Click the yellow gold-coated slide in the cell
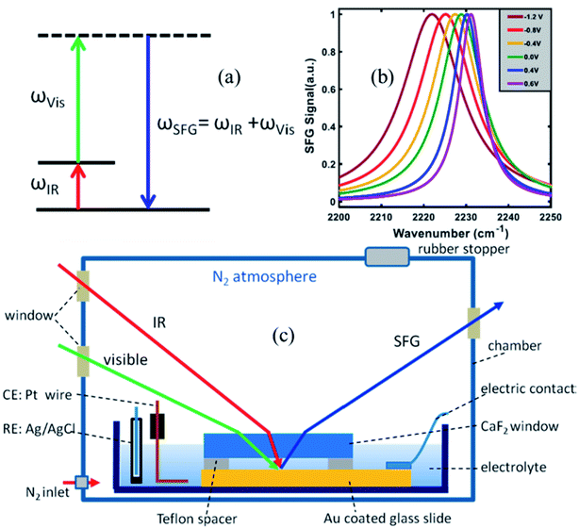tap(307, 476)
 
